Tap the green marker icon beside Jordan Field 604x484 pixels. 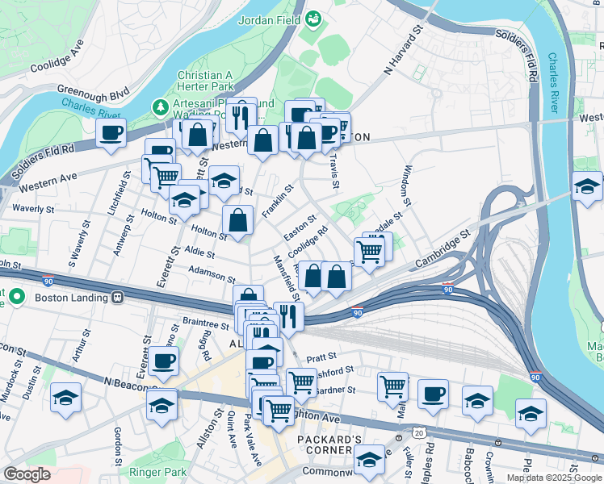click(x=313, y=18)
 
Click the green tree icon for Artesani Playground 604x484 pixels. click(x=161, y=106)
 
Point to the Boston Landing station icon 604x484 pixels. click(x=118, y=297)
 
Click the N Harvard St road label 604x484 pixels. click(x=405, y=49)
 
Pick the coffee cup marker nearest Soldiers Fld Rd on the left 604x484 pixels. click(x=111, y=132)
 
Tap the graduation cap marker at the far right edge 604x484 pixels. click(x=586, y=186)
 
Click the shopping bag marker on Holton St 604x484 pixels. click(x=237, y=219)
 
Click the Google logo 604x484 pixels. click(x=27, y=474)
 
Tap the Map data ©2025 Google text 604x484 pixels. click(x=554, y=478)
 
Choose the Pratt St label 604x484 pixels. click(x=321, y=355)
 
